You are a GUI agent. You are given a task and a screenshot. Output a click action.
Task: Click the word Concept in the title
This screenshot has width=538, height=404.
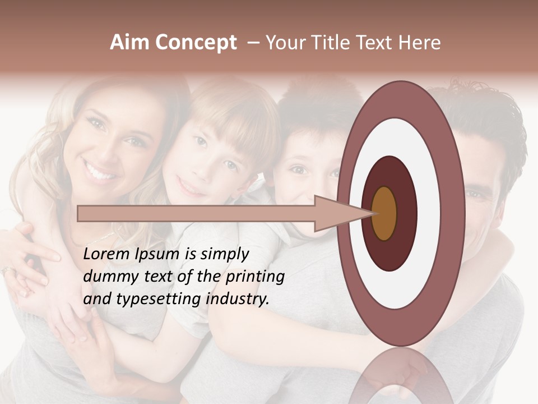[x=196, y=43]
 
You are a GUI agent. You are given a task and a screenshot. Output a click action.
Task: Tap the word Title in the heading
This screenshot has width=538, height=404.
[x=331, y=43]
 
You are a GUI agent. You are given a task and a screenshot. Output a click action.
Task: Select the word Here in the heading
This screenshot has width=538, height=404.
[x=419, y=43]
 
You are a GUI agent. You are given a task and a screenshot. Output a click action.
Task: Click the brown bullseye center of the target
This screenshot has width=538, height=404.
[x=384, y=213]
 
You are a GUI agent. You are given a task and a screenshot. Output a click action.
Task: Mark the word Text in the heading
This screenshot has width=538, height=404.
[x=377, y=43]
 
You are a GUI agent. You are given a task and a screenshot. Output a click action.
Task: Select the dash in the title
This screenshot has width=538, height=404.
[x=253, y=43]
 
